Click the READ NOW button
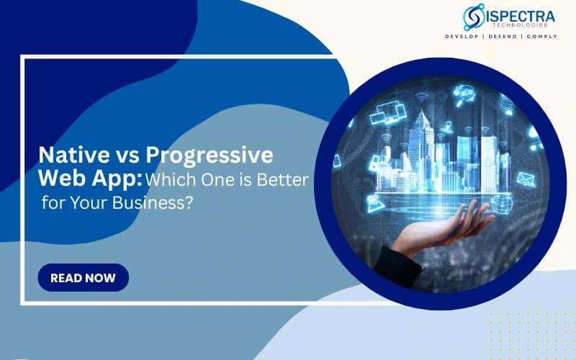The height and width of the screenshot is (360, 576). point(83,278)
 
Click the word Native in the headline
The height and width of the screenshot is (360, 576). point(70,155)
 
